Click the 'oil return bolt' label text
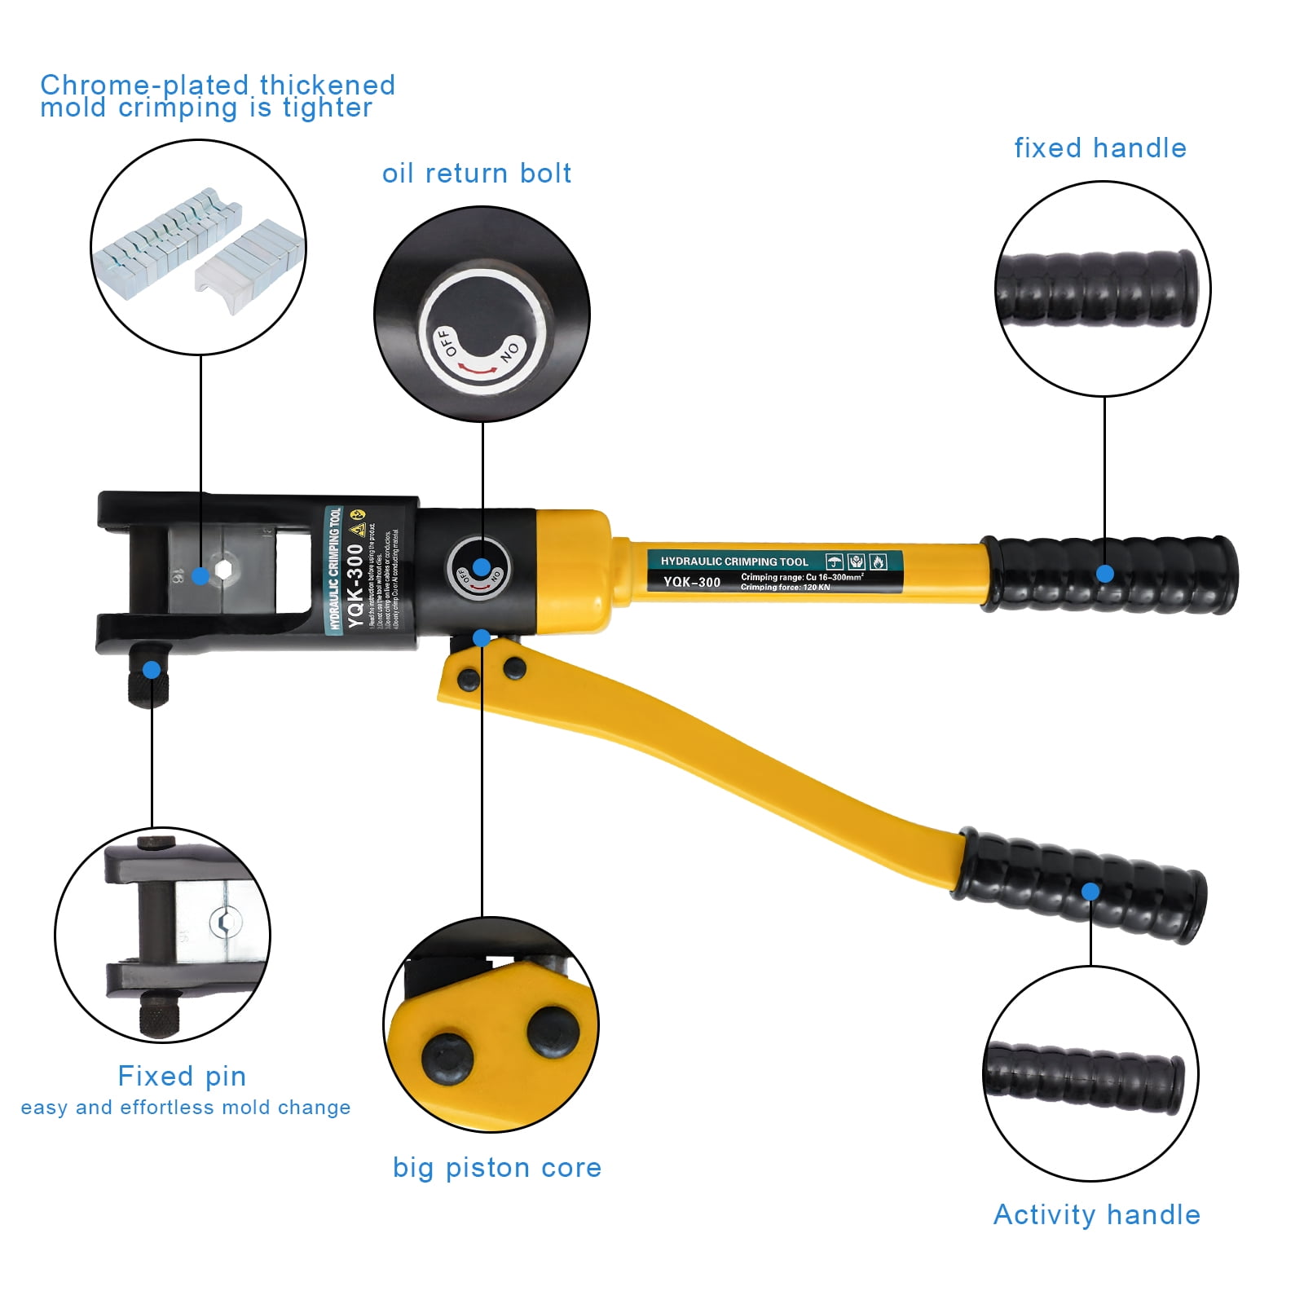476,174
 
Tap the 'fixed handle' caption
1099,148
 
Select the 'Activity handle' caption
1096,1215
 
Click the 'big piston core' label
496,1168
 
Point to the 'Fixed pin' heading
182,1076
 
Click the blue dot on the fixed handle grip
1104,574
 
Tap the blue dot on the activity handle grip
1090,892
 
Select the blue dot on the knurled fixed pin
152,671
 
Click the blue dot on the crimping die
200,576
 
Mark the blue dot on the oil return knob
482,567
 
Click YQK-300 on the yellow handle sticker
691,582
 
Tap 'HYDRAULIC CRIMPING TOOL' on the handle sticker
733,562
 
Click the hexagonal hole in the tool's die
222,569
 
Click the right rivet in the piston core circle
553,1031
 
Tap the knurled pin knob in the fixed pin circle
160,1015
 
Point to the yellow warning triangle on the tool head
356,530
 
